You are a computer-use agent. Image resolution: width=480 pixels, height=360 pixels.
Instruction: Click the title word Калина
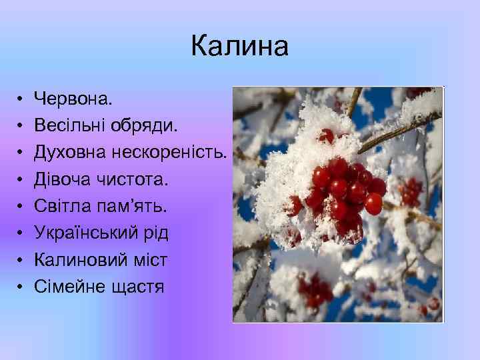point(239,47)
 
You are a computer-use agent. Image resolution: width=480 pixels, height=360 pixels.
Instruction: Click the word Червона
point(73,99)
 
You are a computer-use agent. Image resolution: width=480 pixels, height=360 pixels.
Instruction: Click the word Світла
point(61,206)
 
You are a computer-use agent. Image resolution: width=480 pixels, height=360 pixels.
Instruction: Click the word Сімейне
point(70,287)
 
